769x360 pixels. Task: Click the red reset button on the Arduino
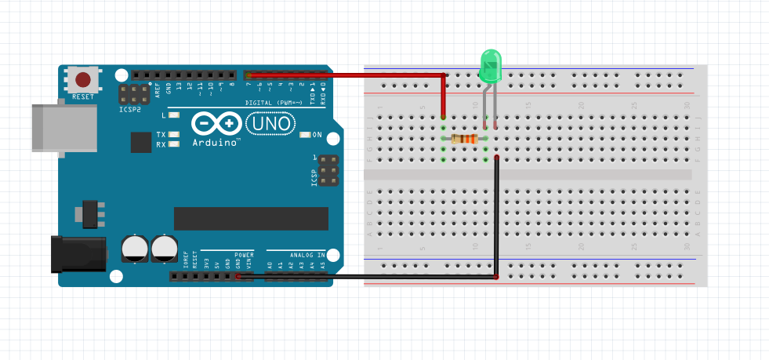click(83, 79)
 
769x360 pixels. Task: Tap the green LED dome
click(490, 65)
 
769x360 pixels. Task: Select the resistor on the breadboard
click(465, 139)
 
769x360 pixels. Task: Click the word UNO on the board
click(270, 123)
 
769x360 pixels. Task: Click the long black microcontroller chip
click(251, 219)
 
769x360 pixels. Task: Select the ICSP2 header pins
click(134, 95)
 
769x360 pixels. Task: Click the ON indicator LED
click(305, 135)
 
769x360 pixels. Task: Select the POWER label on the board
click(244, 255)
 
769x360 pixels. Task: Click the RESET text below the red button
click(83, 96)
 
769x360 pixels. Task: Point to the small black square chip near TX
click(141, 142)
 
